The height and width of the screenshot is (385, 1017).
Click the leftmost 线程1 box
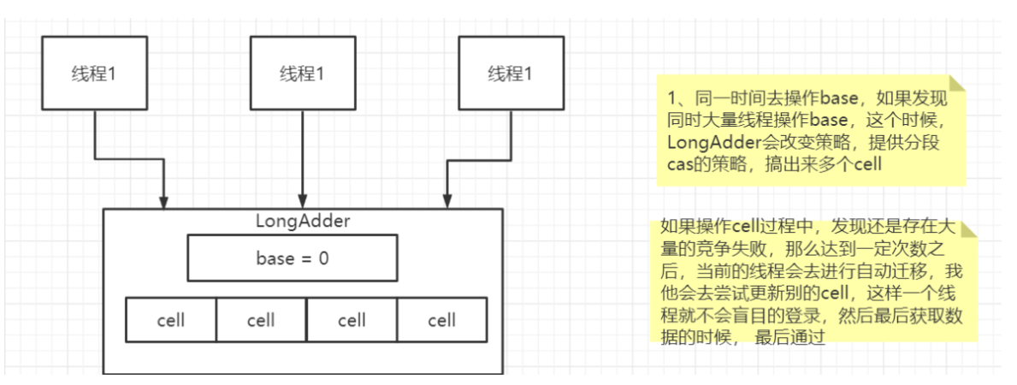coord(92,73)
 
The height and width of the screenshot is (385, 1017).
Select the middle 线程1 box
coord(302,73)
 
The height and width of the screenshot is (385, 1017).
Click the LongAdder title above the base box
coord(303,220)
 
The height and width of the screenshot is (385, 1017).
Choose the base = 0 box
coord(292,258)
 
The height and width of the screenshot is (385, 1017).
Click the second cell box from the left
coord(261,321)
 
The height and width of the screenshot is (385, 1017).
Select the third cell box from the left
coord(352,321)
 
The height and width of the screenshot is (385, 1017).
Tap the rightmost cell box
coord(441,321)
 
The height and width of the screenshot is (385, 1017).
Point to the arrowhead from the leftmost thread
coord(163,201)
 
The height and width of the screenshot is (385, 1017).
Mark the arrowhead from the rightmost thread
coord(446,201)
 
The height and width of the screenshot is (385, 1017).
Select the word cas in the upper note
coord(678,165)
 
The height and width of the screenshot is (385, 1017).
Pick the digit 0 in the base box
coord(323,258)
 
